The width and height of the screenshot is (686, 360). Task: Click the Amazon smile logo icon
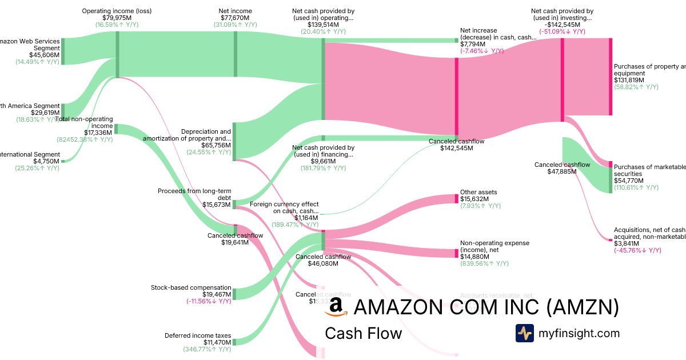[x=336, y=307]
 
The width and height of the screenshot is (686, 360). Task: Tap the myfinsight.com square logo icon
[x=524, y=333]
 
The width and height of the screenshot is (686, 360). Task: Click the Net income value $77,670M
[x=235, y=18]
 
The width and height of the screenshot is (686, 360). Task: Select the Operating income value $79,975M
[x=117, y=18]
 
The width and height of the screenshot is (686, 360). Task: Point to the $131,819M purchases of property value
[x=629, y=80]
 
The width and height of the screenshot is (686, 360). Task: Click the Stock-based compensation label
[x=191, y=287]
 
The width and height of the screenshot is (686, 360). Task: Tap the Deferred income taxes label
[x=198, y=335]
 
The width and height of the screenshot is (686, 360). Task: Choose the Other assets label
[x=478, y=193]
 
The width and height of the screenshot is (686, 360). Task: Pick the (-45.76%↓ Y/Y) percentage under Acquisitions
[x=637, y=250]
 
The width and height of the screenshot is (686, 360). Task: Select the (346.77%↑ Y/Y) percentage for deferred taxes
[x=207, y=349]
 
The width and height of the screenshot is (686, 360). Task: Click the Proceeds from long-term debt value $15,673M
[x=217, y=205]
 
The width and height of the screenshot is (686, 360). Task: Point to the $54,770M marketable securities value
[x=628, y=181]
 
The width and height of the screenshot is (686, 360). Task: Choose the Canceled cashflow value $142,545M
[x=457, y=148]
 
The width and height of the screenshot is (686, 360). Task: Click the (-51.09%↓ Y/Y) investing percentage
[x=562, y=31]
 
